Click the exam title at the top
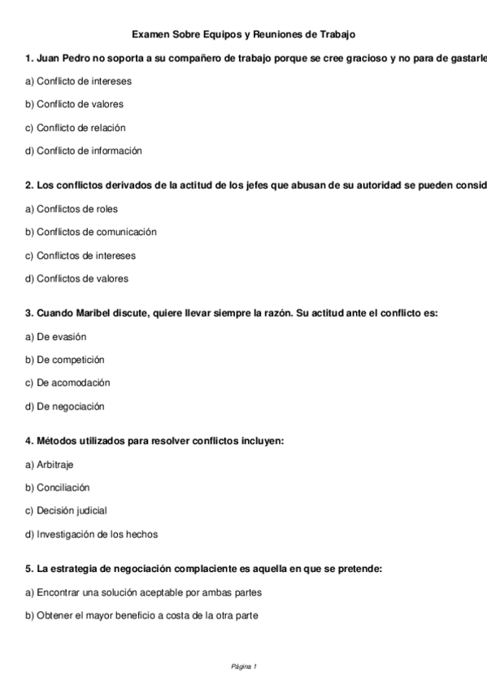(x=243, y=34)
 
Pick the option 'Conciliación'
(x=58, y=487)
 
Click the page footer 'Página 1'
(x=244, y=667)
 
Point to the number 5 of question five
(x=28, y=570)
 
